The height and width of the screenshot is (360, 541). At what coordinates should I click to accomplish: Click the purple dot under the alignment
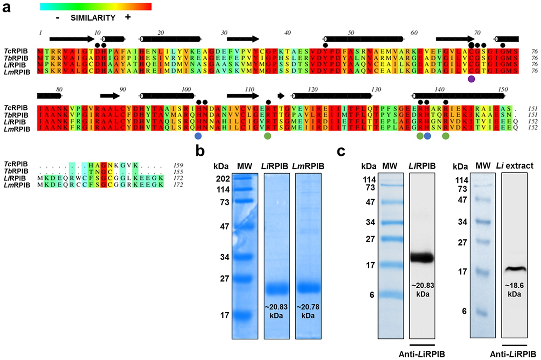coord(471,79)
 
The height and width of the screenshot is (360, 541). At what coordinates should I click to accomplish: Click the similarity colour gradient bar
coord(95,7)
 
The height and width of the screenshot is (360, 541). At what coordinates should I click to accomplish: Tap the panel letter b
coord(200,151)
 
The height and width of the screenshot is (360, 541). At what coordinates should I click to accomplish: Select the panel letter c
coord(341,151)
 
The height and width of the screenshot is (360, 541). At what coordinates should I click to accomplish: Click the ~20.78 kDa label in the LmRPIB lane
coord(308,311)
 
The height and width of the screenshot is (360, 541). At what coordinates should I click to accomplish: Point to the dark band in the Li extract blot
coord(514,269)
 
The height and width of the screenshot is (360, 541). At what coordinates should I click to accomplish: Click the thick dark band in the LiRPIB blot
coord(422,257)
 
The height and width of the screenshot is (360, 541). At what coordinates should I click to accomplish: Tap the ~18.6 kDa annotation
coord(514,290)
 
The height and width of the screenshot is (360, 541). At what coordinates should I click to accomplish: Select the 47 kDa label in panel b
coord(224,226)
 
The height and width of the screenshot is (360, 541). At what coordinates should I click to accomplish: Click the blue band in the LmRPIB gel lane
coord(308,287)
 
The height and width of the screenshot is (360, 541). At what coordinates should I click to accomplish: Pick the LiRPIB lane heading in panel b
coord(277,166)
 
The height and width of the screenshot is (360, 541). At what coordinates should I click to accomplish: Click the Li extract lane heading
coord(515,166)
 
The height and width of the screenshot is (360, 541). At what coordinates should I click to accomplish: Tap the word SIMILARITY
coord(93,18)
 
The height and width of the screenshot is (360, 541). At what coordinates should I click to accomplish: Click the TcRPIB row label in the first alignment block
coord(16,51)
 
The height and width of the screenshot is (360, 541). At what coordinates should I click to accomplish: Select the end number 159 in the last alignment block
coord(178,165)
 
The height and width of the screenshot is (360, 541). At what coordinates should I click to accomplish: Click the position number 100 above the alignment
coord(186,89)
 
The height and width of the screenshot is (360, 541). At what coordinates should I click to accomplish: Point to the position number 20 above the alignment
coord(161,33)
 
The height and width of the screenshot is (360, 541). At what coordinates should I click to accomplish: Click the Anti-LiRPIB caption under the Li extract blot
coord(513,354)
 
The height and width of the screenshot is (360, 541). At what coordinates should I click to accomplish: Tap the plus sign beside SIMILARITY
coord(128,17)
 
